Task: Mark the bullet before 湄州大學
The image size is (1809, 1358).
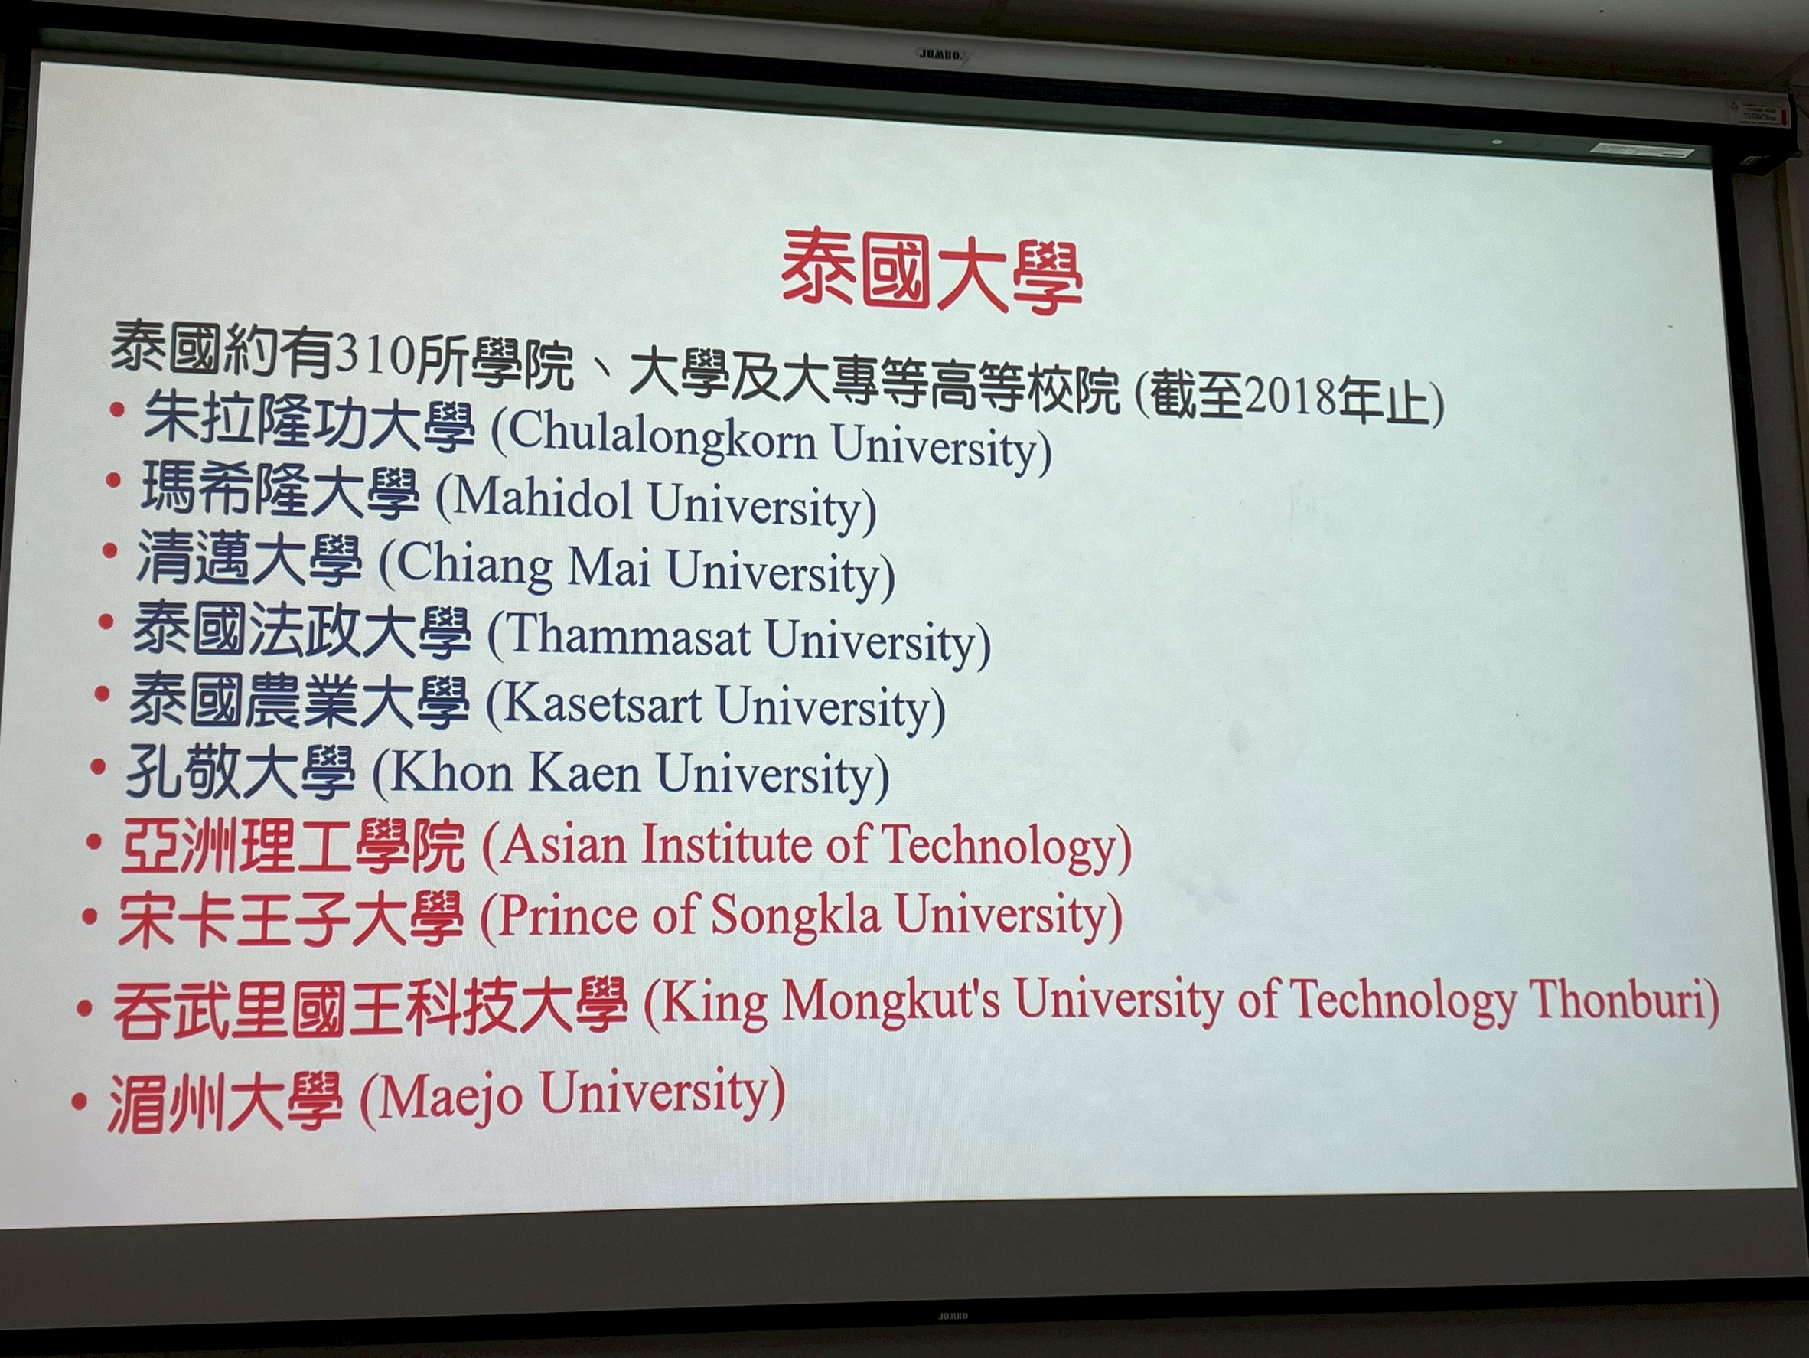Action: tap(80, 1102)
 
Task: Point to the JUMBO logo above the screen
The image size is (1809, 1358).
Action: tap(940, 54)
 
